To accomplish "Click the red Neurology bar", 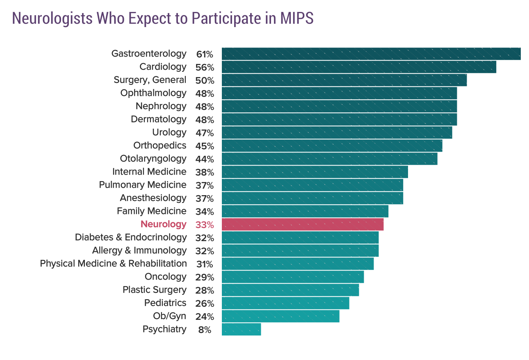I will pyautogui.click(x=303, y=224).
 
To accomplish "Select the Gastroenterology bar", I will pyautogui.click(x=371, y=54).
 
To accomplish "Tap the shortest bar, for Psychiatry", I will pyautogui.click(x=241, y=329).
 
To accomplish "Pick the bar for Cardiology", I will pyautogui.click(x=359, y=67).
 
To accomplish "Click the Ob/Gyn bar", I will pyautogui.click(x=280, y=316).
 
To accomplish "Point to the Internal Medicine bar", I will pyautogui.click(x=315, y=172).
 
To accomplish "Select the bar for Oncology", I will pyautogui.click(x=293, y=277).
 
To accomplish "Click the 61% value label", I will pyautogui.click(x=204, y=54).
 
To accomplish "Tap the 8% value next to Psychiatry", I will pyautogui.click(x=205, y=330).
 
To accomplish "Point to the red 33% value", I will pyautogui.click(x=204, y=225).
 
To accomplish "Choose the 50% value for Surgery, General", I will pyautogui.click(x=204, y=80).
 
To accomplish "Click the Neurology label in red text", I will pyautogui.click(x=163, y=224).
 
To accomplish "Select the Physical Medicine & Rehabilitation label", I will pyautogui.click(x=113, y=264).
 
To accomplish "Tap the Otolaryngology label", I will pyautogui.click(x=153, y=159).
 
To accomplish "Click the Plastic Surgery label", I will pyautogui.click(x=155, y=290).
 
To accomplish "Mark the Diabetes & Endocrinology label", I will pyautogui.click(x=131, y=237).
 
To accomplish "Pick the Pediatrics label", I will pyautogui.click(x=165, y=303).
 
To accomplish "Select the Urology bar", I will pyautogui.click(x=337, y=132).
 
